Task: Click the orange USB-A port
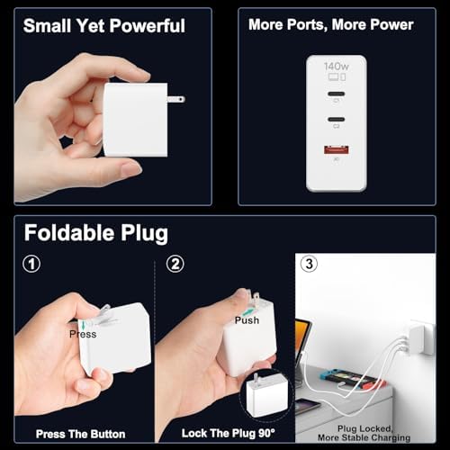point(336,156)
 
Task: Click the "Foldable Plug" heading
point(95,233)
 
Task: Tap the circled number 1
point(31,265)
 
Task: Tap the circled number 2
point(175,265)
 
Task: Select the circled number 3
point(310,265)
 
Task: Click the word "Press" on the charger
point(83,334)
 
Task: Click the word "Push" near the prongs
point(247,320)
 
